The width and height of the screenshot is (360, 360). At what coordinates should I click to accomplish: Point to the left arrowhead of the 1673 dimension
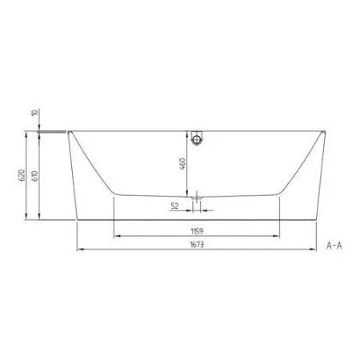pos(78,250)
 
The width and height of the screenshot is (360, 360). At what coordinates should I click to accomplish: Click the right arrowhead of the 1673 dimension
pos(317,250)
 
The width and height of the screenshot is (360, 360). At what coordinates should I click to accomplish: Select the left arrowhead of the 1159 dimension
pos(115,236)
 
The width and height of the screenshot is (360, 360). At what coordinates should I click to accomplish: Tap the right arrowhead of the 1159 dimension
pos(279,236)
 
